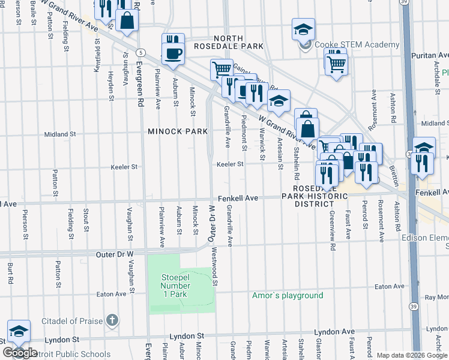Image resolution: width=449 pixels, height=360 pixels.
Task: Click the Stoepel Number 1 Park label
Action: pyautogui.click(x=174, y=285)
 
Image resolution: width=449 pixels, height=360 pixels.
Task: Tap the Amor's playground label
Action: pyautogui.click(x=287, y=295)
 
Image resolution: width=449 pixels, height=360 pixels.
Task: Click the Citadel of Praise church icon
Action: pyautogui.click(x=112, y=321)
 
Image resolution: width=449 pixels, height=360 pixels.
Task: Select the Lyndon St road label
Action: pyautogui.click(x=187, y=336)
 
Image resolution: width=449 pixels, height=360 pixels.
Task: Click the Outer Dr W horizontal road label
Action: pyautogui.click(x=115, y=254)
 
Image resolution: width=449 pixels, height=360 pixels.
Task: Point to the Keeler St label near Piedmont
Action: pyautogui.click(x=230, y=164)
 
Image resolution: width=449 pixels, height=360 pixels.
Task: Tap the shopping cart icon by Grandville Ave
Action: pyautogui.click(x=221, y=70)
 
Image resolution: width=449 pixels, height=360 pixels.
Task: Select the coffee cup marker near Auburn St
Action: pyautogui.click(x=173, y=54)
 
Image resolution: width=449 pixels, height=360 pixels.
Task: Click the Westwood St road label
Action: pyautogui.click(x=215, y=268)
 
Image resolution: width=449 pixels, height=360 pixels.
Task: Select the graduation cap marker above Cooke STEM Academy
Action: pyautogui.click(x=304, y=29)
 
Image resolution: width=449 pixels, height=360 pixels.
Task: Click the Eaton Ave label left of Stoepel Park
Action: pyautogui.click(x=112, y=294)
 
